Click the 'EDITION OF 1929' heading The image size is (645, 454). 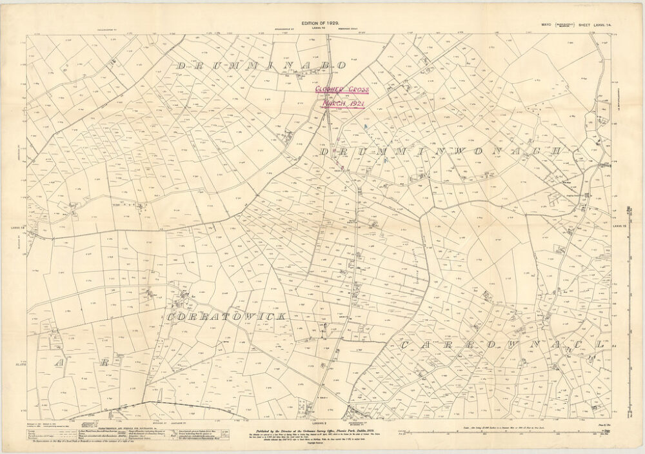(320, 23)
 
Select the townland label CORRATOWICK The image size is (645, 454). (226, 317)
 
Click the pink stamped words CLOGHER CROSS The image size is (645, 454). (341, 90)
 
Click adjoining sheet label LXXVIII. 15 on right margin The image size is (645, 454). (618, 225)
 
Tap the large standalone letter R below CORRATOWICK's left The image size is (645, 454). (103, 363)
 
